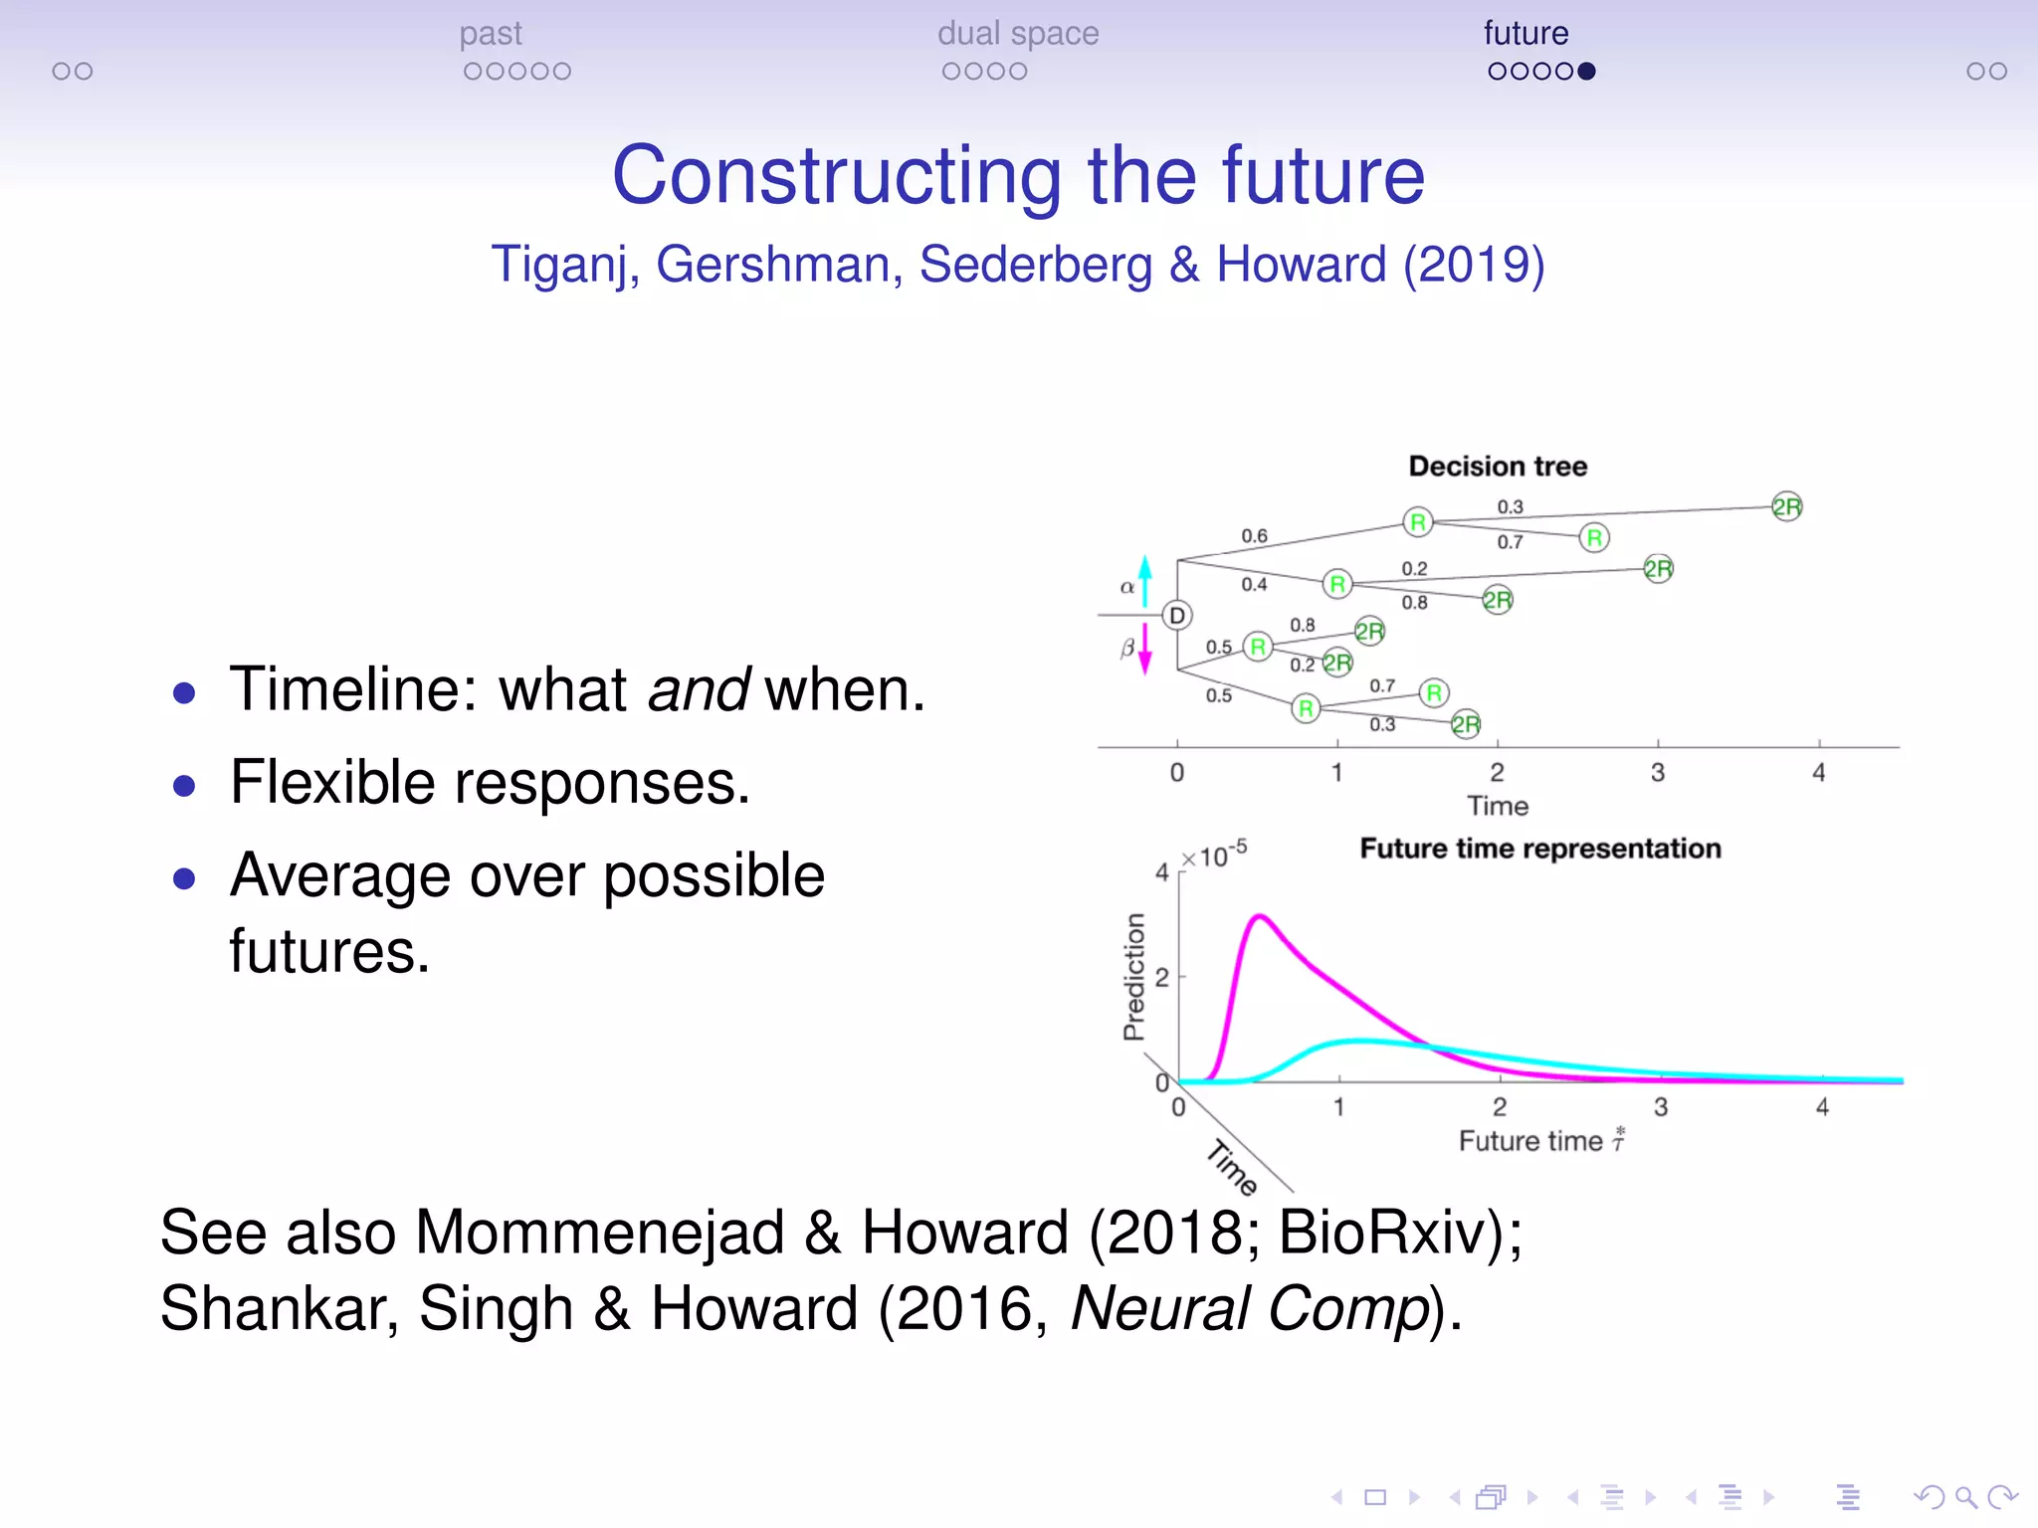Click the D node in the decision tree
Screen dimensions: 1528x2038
click(1177, 616)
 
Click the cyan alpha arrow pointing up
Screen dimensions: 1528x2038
click(1145, 580)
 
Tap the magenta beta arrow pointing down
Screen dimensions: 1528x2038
click(1145, 650)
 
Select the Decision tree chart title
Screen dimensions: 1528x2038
click(1497, 467)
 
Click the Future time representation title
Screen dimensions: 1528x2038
click(1539, 849)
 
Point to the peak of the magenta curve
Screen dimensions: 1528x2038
click(1260, 916)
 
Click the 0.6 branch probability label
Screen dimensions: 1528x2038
click(1254, 536)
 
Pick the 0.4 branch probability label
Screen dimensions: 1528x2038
click(1254, 585)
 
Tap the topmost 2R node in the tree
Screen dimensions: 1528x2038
click(1786, 507)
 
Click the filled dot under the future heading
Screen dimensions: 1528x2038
click(1587, 72)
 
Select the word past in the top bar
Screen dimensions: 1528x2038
click(491, 34)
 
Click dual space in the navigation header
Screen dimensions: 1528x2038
click(1017, 34)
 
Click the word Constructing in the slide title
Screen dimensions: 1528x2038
click(836, 175)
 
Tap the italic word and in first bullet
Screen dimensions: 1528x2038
click(698, 689)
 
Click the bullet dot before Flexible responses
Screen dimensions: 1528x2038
click(184, 786)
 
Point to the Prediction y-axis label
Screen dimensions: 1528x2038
click(1134, 977)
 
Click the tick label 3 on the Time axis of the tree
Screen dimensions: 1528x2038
click(1658, 773)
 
